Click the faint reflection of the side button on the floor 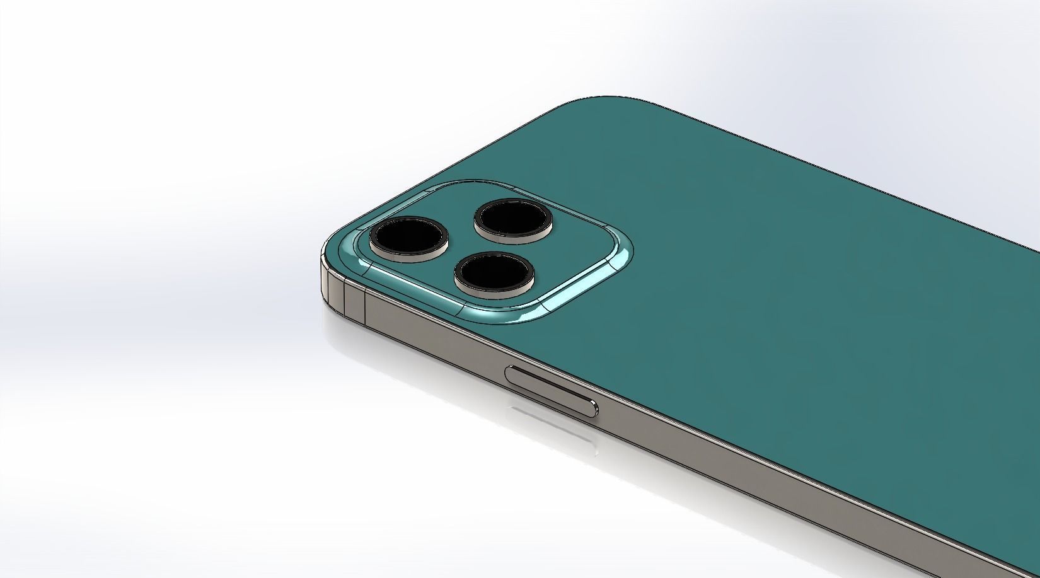[555, 425]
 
